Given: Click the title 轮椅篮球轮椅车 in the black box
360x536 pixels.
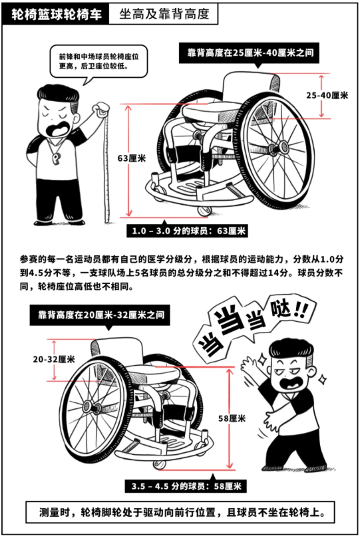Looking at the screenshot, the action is (57, 15).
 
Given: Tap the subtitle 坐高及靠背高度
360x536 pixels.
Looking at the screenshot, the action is (164, 14).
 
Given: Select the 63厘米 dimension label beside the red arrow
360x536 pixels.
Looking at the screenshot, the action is (132, 159).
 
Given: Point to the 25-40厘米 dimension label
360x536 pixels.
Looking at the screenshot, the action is (327, 95).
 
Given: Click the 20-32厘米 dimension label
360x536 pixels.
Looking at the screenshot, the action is (54, 359).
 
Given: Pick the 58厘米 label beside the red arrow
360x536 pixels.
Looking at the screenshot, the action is (232, 418).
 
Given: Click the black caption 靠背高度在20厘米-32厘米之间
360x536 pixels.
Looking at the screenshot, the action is (101, 315).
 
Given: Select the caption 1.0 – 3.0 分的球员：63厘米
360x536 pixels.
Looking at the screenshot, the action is (189, 231).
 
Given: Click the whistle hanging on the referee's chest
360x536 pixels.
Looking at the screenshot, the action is (57, 158).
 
